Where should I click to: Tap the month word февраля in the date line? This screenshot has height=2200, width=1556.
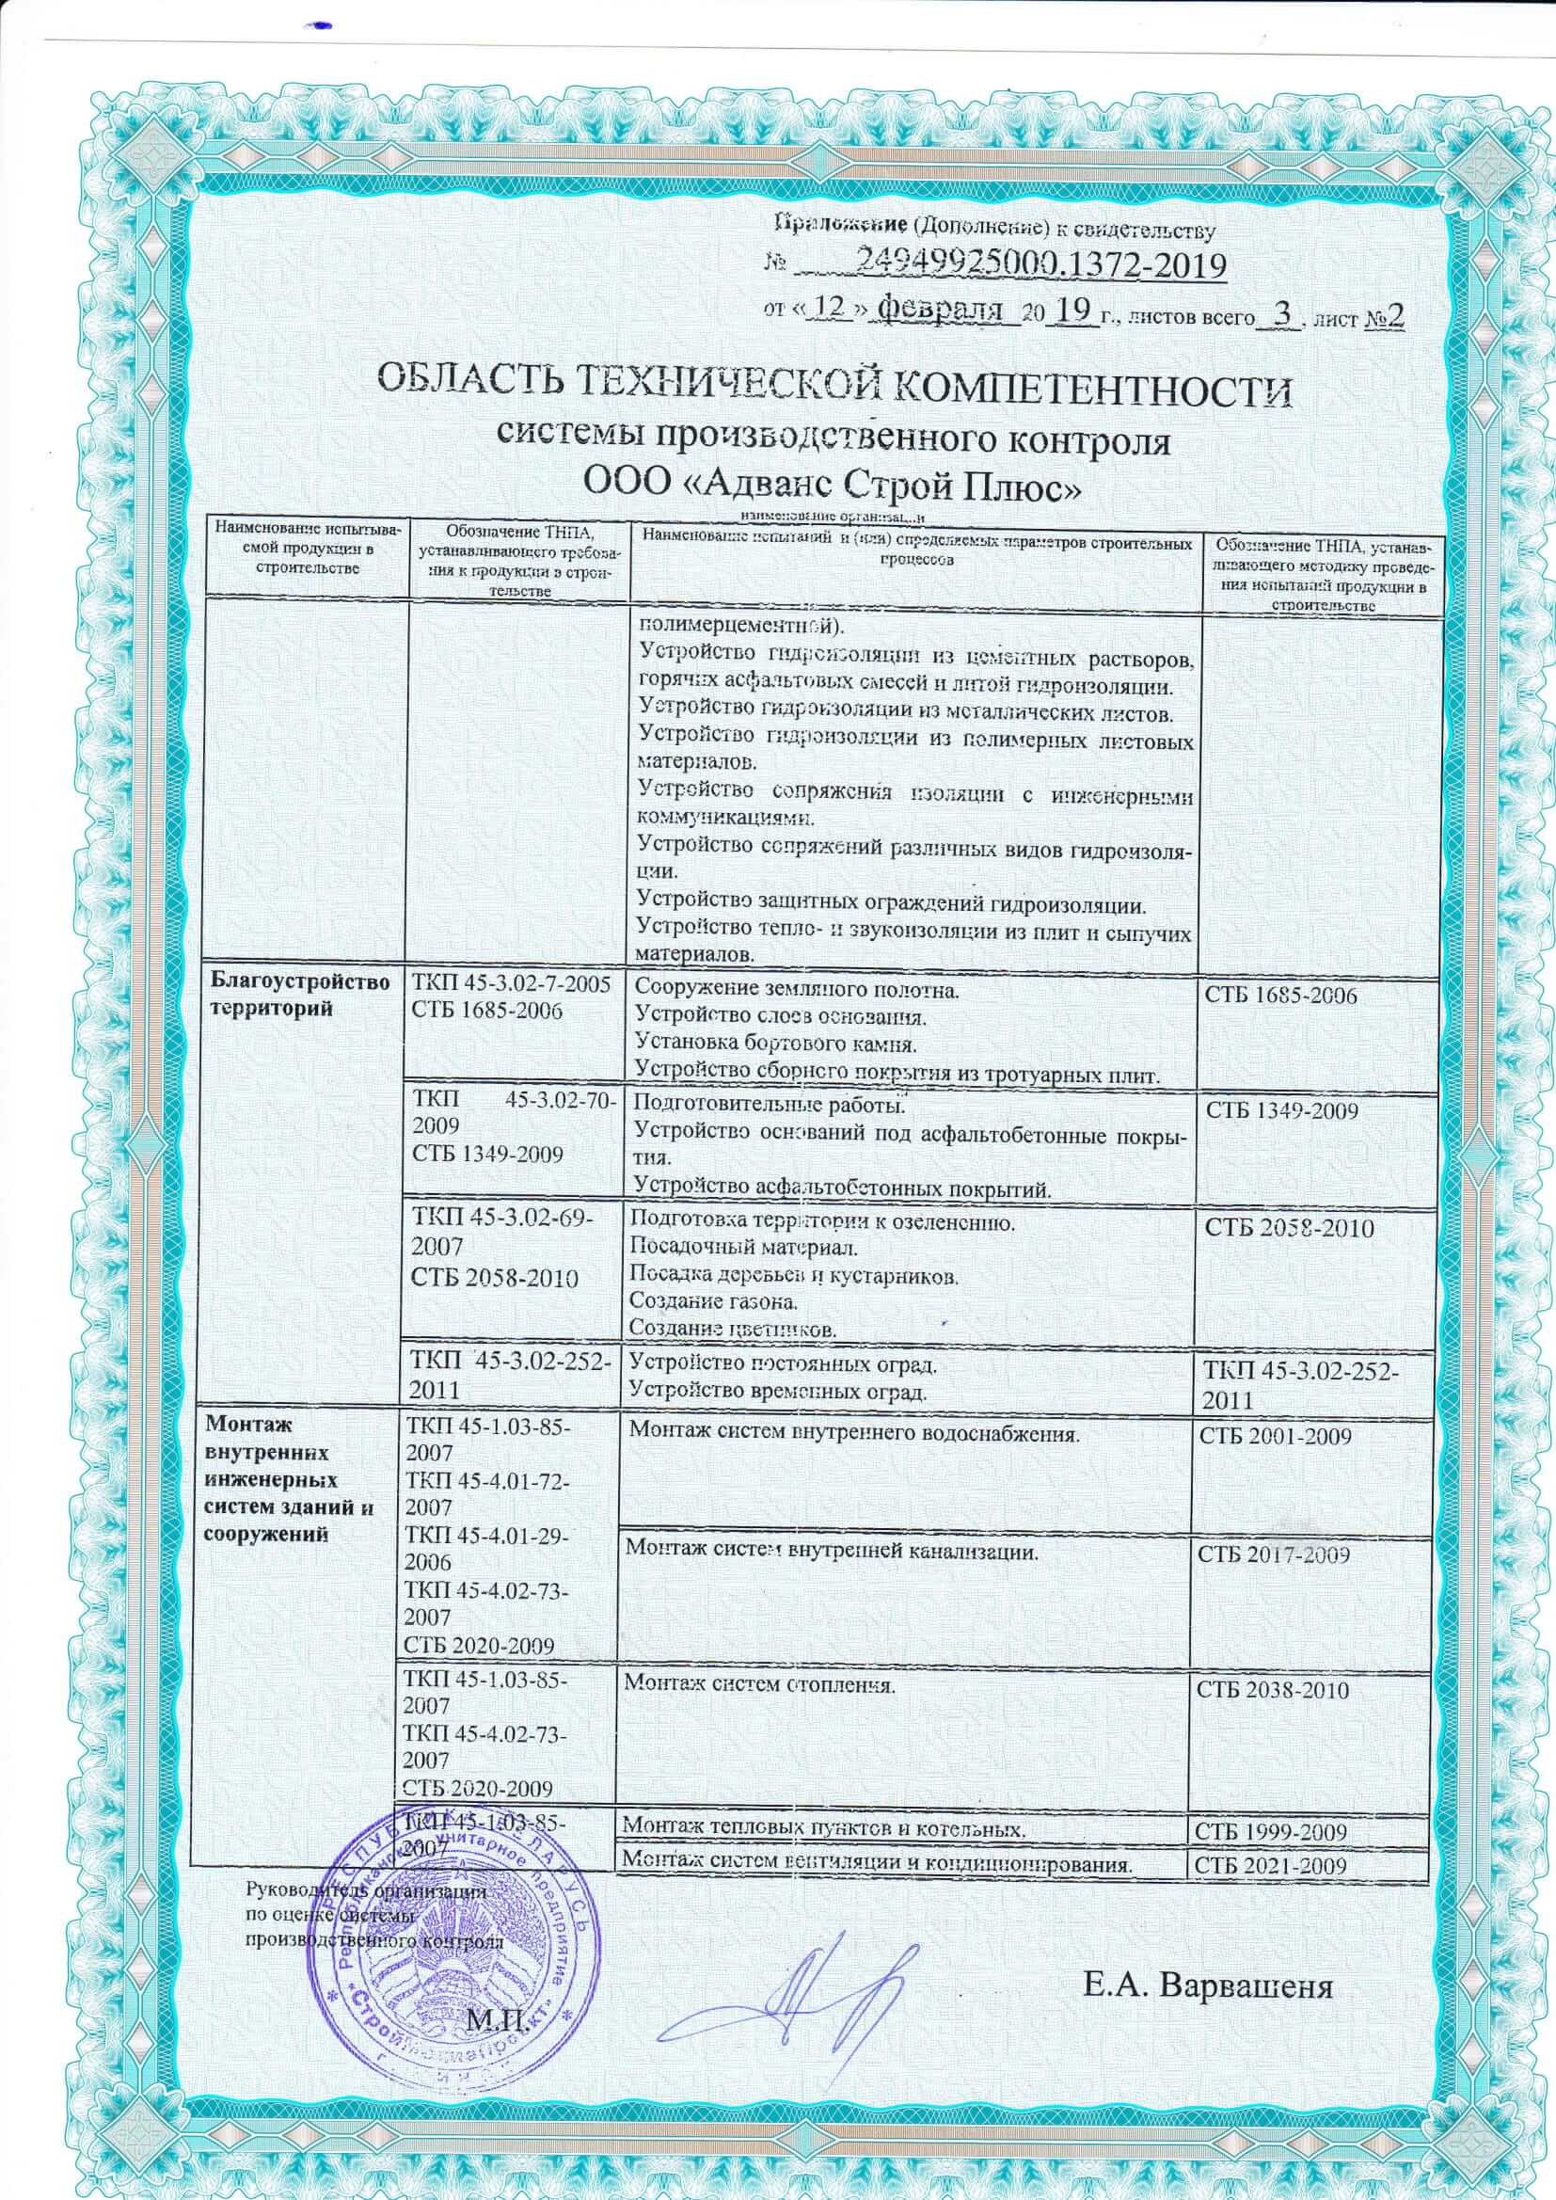(943, 310)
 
